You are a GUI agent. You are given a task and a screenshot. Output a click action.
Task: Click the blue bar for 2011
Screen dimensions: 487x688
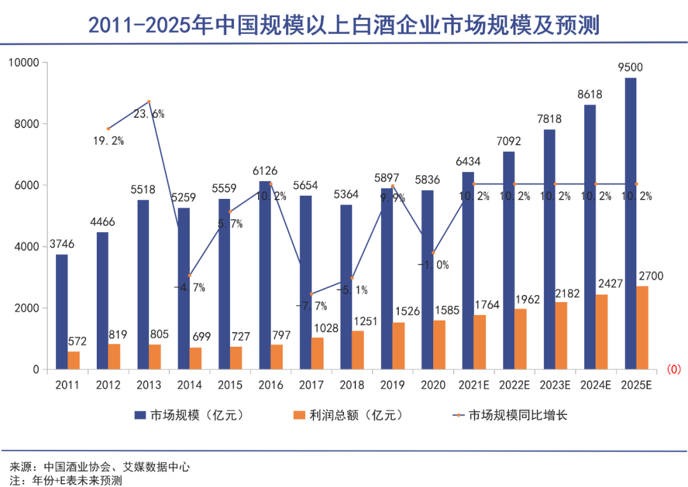point(62,312)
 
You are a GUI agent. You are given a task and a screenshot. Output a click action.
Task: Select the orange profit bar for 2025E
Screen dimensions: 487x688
point(642,328)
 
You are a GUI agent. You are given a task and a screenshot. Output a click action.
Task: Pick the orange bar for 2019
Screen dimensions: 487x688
point(398,345)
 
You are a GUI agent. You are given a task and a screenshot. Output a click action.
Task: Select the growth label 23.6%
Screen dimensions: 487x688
point(149,114)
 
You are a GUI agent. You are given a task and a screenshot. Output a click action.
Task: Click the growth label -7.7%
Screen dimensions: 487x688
point(312,305)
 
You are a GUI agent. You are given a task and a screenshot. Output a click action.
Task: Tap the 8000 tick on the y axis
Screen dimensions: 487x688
point(26,124)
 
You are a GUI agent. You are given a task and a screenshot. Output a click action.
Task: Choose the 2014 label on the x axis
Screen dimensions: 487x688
point(189,386)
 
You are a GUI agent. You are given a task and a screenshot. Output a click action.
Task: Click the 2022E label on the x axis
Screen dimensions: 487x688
point(515,386)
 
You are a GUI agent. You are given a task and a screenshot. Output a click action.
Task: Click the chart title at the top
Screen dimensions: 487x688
point(344,25)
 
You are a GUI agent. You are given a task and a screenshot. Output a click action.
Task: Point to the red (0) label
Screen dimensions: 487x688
point(674,369)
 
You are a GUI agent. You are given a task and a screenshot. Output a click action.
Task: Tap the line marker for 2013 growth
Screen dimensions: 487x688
point(148,102)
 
